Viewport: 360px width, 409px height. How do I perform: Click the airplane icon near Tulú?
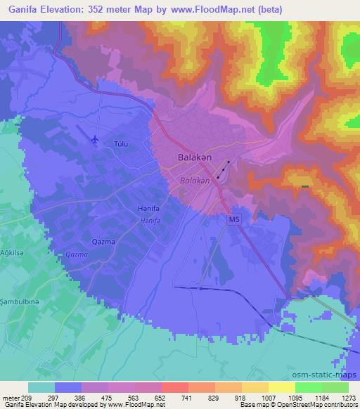click(x=95, y=138)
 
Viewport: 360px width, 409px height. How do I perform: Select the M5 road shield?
click(x=234, y=220)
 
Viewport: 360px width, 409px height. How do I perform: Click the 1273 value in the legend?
click(x=341, y=397)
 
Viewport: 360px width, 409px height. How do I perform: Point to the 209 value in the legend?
click(x=27, y=397)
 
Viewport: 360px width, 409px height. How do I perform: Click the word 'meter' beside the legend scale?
click(x=10, y=397)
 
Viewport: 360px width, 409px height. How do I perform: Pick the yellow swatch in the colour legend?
click(x=282, y=387)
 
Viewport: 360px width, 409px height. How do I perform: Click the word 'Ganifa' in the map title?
click(x=20, y=10)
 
